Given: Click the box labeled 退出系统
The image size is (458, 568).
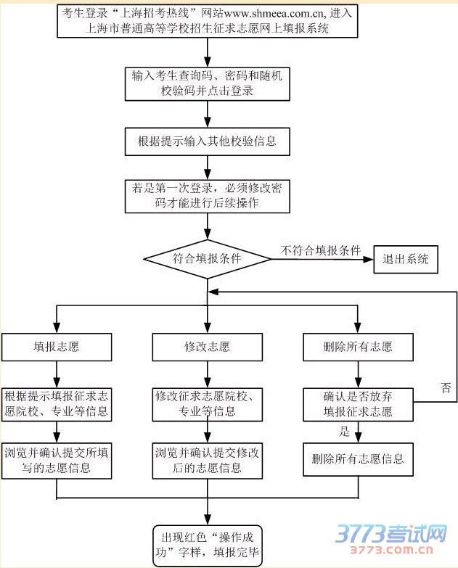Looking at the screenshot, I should pyautogui.click(x=406, y=259).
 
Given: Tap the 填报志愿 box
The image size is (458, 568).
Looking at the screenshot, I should pyautogui.click(x=57, y=347).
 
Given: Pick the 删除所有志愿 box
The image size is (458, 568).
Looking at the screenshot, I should pyautogui.click(x=358, y=347).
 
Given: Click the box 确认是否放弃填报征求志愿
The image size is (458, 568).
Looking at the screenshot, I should pyautogui.click(x=358, y=404).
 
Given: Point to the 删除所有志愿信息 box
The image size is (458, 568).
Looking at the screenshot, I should pyautogui.click(x=358, y=459).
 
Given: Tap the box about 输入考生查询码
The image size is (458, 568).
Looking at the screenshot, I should pyautogui.click(x=208, y=83).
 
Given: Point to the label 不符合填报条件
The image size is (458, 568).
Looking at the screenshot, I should pyautogui.click(x=321, y=250).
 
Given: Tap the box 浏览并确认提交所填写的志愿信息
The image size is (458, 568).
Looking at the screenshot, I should pyautogui.click(x=57, y=460).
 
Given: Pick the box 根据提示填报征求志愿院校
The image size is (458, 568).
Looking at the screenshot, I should pyautogui.click(x=57, y=404).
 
